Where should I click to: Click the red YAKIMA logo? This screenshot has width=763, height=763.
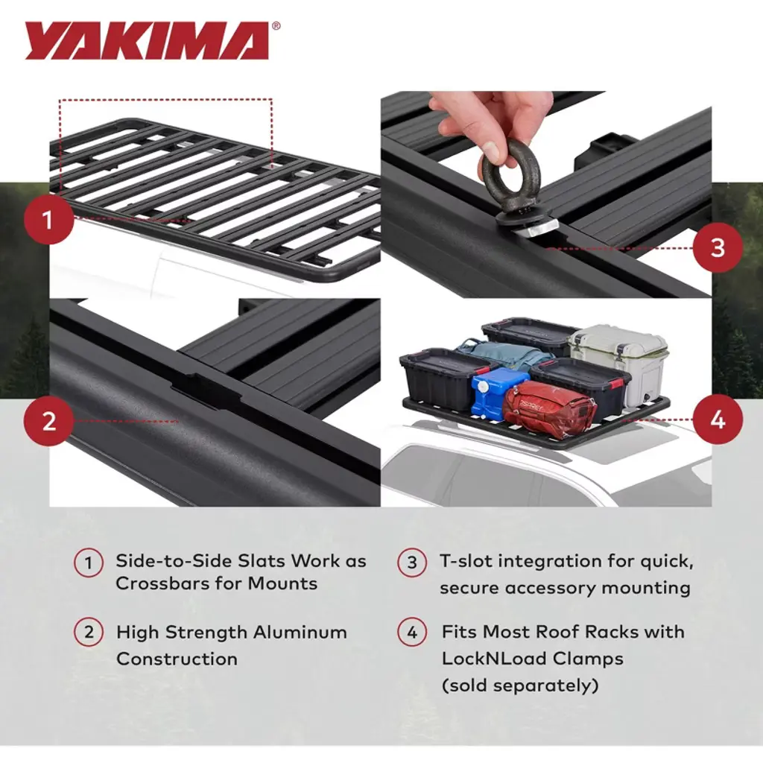[x=147, y=41]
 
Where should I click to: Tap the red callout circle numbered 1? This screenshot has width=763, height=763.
[x=48, y=220]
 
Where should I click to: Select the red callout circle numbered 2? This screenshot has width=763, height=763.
[x=48, y=420]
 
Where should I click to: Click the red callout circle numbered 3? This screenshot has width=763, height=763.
[x=718, y=247]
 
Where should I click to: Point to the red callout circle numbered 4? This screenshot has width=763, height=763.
[x=718, y=420]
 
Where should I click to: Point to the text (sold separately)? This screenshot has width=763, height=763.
[x=520, y=686]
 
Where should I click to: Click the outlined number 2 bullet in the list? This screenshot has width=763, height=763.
[x=89, y=632]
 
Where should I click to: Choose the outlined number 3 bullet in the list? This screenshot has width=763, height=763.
[x=411, y=562]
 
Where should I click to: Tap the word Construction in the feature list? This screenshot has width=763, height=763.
[x=177, y=659]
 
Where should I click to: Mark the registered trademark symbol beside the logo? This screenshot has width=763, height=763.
[x=276, y=26]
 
